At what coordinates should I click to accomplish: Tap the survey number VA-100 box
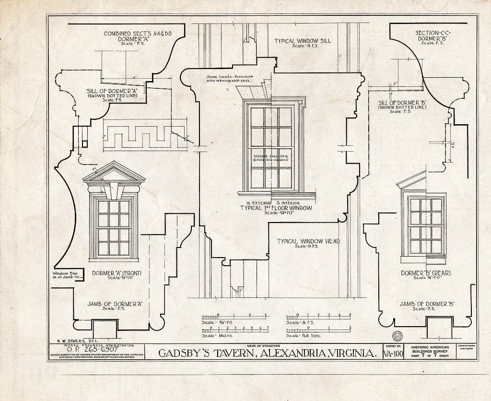(x=393, y=354)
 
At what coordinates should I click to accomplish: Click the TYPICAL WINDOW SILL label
(x=302, y=41)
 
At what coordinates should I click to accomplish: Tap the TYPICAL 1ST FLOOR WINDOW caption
(x=276, y=208)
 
